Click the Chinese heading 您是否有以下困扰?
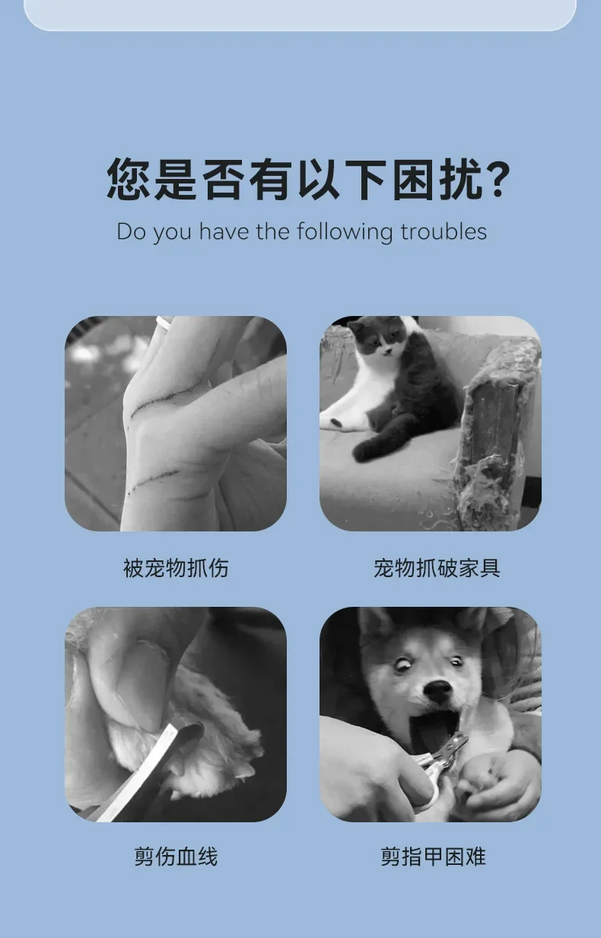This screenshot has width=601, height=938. coord(308,179)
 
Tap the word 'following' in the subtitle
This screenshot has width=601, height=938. coord(345,232)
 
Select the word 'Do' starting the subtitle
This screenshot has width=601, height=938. coord(131,231)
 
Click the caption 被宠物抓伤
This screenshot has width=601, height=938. coord(176,568)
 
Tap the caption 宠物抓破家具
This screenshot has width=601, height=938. coord(437,568)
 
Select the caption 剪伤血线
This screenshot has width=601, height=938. coord(176,857)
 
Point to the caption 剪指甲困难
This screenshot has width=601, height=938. coord(433,857)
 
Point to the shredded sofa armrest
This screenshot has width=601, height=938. coord(498,431)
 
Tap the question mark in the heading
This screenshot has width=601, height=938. coord(499,179)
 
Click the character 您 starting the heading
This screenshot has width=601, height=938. coord(128,179)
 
